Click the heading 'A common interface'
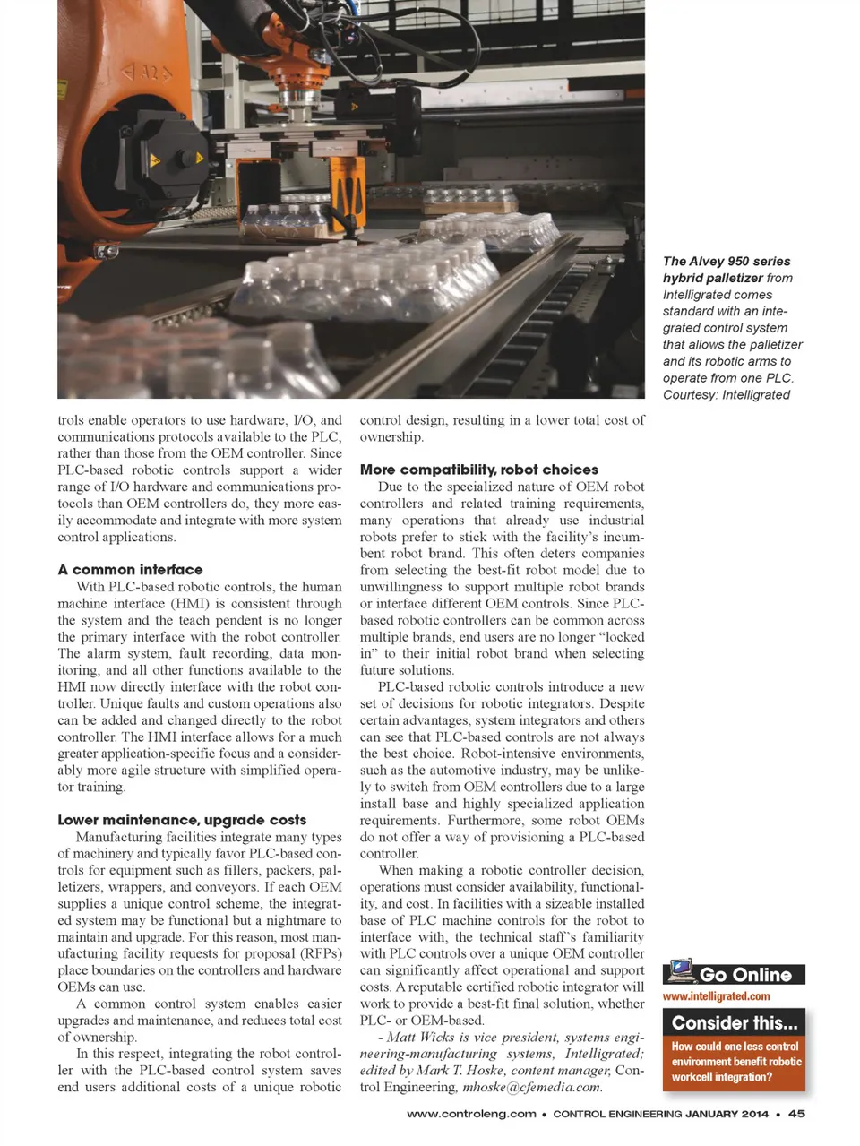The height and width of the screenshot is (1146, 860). point(130,570)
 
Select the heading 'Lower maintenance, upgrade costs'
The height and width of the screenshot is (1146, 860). point(182,820)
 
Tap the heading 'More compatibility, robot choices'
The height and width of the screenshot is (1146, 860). point(478,470)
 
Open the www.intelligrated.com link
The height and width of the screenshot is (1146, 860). point(716,996)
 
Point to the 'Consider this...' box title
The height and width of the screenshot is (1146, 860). point(734,1023)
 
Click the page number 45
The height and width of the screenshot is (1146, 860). point(796,1114)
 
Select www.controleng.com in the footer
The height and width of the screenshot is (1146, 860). point(471,1114)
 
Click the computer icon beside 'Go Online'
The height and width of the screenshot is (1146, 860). point(681,971)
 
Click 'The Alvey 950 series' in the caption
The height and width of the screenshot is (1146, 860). point(727,262)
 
